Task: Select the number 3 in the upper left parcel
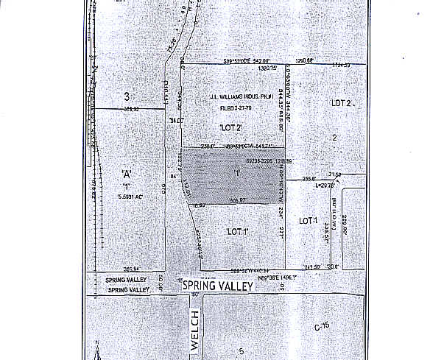coord(127,97)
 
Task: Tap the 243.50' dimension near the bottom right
coord(314,267)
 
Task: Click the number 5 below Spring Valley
coord(240,351)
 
